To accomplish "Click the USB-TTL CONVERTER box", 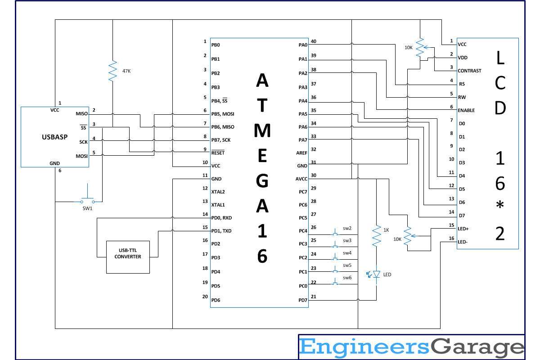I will coord(128,257).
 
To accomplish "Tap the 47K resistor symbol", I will coord(112,71).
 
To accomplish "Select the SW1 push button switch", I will coord(87,200).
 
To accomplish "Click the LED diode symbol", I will coord(377,274).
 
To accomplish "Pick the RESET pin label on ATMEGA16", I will coord(218,153).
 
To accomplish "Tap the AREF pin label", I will coord(301,153).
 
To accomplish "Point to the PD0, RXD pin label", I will coord(222,218).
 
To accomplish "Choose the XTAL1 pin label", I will coord(218,205).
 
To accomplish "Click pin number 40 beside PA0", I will coord(313,41).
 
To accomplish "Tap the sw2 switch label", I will coord(347,228).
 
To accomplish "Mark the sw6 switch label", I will coord(347,278).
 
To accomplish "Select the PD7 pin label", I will coord(302,300).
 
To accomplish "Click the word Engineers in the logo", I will coord(364,347).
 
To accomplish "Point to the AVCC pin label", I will coord(301,179).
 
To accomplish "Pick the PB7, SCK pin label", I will coord(220,140).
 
